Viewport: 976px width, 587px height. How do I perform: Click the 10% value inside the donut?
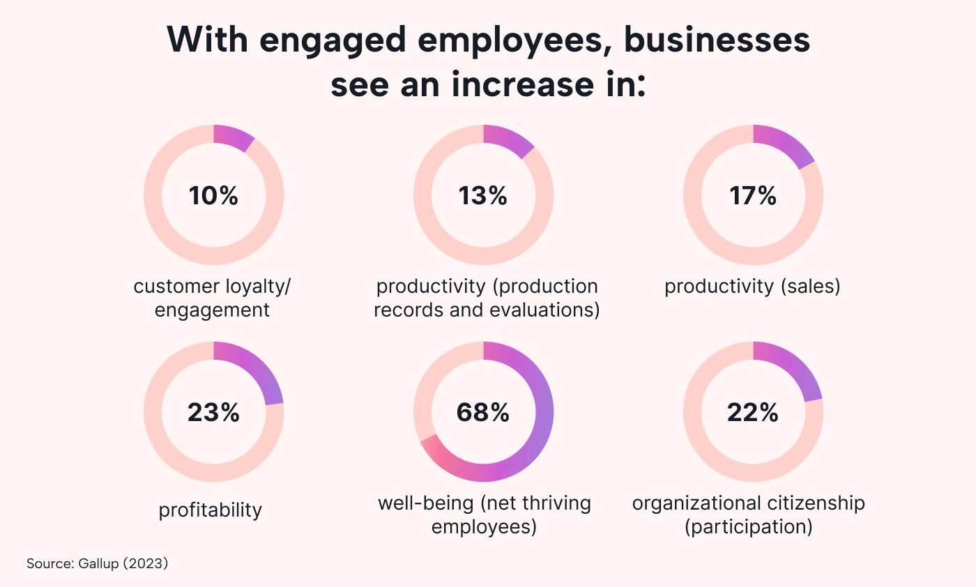click(x=213, y=196)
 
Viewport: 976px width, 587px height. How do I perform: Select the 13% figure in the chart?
click(x=482, y=196)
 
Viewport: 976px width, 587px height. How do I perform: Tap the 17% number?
click(x=753, y=196)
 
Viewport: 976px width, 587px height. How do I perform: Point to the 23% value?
click(x=213, y=413)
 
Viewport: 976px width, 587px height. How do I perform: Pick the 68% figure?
click(x=482, y=413)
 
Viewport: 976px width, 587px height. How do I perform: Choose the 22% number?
click(x=753, y=413)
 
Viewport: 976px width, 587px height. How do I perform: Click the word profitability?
click(x=211, y=510)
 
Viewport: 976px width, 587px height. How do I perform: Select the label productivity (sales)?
click(x=752, y=287)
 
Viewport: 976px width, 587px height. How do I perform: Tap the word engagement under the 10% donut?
click(x=212, y=310)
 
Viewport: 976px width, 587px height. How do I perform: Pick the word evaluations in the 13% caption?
click(x=540, y=310)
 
